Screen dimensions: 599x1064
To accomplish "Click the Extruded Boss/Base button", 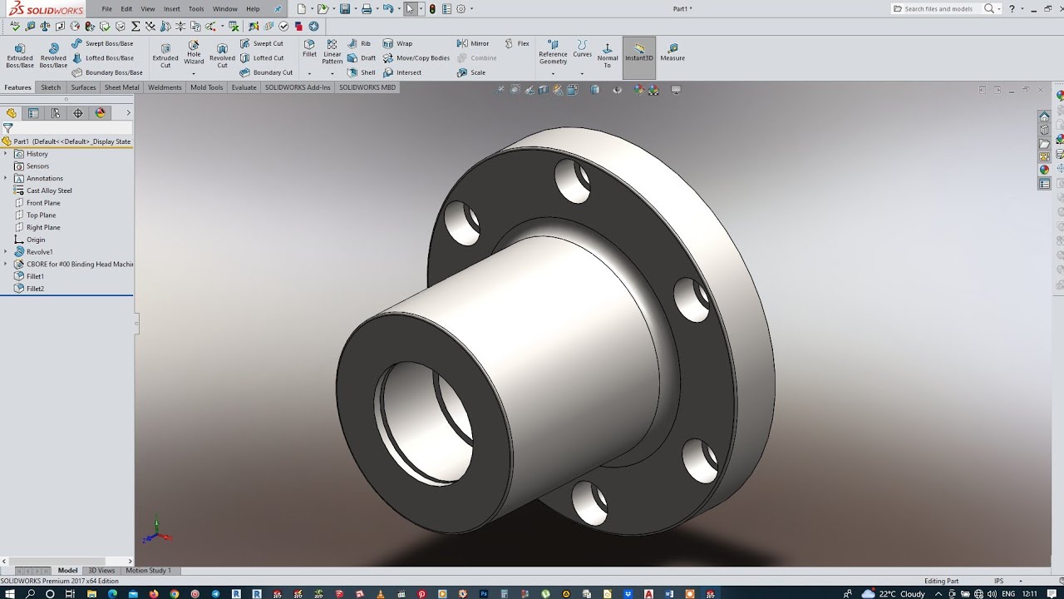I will [20, 55].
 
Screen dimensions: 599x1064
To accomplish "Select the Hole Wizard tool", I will [194, 52].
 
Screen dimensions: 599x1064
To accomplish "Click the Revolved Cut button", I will [222, 55].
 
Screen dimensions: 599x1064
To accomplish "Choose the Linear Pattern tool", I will [332, 52].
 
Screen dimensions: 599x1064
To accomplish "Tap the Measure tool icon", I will [672, 52].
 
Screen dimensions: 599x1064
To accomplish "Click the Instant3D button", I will [639, 52].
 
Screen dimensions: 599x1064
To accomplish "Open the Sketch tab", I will [51, 87].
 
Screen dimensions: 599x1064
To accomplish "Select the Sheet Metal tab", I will [121, 87].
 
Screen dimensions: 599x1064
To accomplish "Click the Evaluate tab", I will [244, 87].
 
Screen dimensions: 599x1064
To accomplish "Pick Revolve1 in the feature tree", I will [39, 252].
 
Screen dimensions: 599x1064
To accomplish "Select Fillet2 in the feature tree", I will [35, 289].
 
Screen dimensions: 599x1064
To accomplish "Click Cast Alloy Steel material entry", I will [49, 191].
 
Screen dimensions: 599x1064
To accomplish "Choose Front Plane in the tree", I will [43, 203].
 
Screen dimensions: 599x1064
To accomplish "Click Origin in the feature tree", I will [36, 240].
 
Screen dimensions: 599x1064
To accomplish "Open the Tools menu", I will [196, 9].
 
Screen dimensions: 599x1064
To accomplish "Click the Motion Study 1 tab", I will [148, 571].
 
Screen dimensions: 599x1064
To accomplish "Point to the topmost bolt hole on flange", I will [572, 181].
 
